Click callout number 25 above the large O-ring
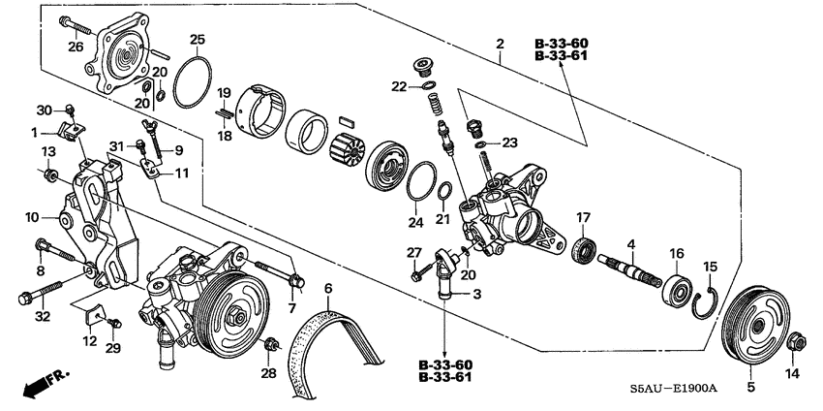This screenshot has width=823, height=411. tap(198, 40)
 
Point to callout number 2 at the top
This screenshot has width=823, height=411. tap(500, 44)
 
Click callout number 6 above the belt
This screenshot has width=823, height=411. tap(328, 288)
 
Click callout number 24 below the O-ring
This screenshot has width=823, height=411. tap(415, 222)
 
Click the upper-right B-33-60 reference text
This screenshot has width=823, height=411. tap(563, 45)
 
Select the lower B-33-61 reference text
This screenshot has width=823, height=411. tap(446, 377)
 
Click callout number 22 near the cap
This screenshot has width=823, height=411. tap(399, 86)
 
